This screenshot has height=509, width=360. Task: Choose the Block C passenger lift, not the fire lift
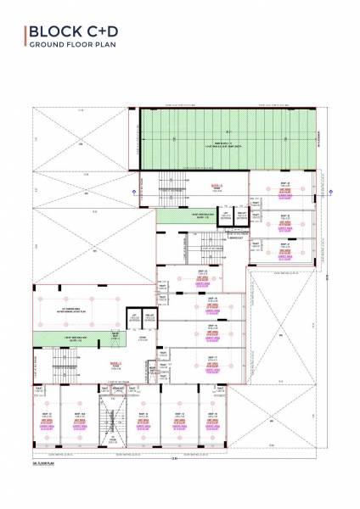click(133, 320)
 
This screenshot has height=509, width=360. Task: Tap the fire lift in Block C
click(149, 320)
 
